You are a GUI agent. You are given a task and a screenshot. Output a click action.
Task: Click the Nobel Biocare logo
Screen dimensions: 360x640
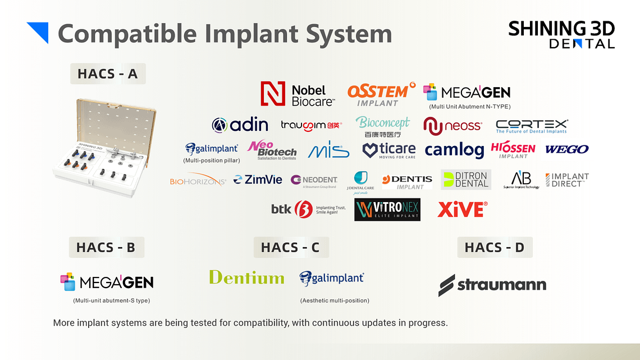297,94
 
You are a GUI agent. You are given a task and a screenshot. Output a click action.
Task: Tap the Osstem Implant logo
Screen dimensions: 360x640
380,94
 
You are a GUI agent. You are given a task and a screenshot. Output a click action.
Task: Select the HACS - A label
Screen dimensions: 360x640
108,74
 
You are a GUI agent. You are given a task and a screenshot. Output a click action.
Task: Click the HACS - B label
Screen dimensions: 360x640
106,247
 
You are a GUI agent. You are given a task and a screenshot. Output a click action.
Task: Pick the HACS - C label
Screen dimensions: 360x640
290,247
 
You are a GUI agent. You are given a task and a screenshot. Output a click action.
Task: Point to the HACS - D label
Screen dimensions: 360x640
495,247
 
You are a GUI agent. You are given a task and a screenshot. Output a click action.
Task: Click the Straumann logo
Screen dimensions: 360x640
492,285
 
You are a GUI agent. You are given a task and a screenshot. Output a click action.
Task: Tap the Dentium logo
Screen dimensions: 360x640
246,277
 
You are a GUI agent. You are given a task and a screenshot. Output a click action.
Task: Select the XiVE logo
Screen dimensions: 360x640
462,209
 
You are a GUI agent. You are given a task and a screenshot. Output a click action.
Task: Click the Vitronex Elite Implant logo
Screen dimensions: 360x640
387,209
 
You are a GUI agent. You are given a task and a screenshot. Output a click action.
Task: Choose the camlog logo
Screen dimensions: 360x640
454,150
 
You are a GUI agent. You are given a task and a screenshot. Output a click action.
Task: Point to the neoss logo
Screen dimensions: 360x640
452,125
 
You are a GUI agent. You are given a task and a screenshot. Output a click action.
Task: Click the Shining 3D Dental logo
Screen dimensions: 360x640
561,34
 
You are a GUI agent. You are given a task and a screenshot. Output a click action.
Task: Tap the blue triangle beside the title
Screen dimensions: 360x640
38,32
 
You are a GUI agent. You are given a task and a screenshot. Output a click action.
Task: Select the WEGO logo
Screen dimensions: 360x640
566,149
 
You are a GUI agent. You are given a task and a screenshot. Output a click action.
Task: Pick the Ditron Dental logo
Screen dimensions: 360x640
465,180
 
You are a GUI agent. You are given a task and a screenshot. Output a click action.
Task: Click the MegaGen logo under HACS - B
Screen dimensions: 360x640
107,281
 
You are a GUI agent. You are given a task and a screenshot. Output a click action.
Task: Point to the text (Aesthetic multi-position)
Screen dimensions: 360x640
335,300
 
